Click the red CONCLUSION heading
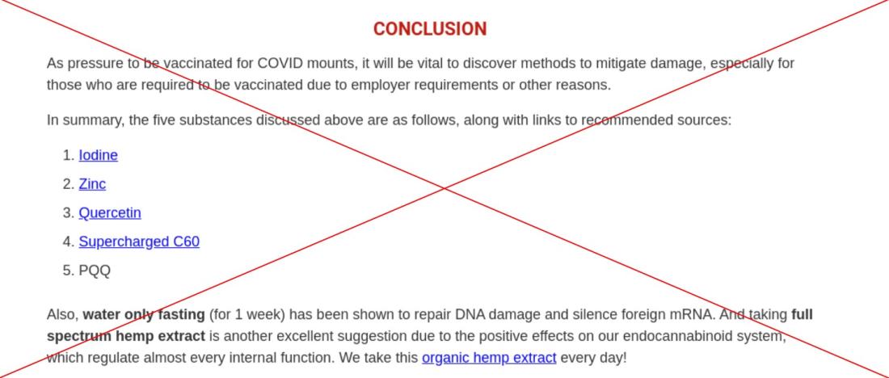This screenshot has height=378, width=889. [x=430, y=29]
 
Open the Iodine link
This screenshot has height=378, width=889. [x=98, y=155]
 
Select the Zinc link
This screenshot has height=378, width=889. [x=92, y=184]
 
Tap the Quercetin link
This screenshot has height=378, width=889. [x=110, y=213]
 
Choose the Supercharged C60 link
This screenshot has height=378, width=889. [x=139, y=242]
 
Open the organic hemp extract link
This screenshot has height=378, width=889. [x=489, y=358]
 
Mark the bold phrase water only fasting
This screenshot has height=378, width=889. [x=144, y=314]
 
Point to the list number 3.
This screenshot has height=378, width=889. [x=68, y=213]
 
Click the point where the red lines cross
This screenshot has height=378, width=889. [x=445, y=188]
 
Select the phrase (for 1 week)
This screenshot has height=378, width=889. [x=247, y=314]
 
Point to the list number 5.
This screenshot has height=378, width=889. [x=68, y=271]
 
